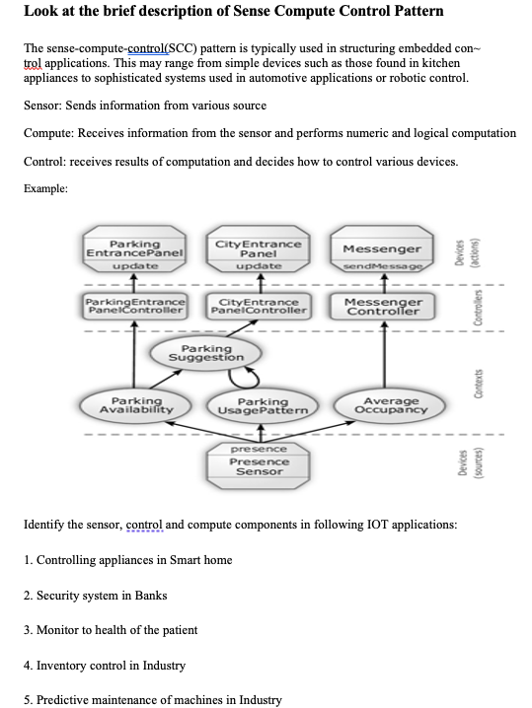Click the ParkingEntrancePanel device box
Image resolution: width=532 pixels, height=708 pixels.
[x=135, y=252]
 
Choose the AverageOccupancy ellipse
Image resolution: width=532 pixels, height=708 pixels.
[x=382, y=405]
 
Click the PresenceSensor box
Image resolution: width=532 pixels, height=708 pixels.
[x=259, y=461]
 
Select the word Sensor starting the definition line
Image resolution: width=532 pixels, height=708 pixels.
[x=41, y=106]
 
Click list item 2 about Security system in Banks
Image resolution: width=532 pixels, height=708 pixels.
[x=95, y=596]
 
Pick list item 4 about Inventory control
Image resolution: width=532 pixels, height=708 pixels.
[x=104, y=666]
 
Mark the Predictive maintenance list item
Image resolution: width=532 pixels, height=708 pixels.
[x=152, y=700]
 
